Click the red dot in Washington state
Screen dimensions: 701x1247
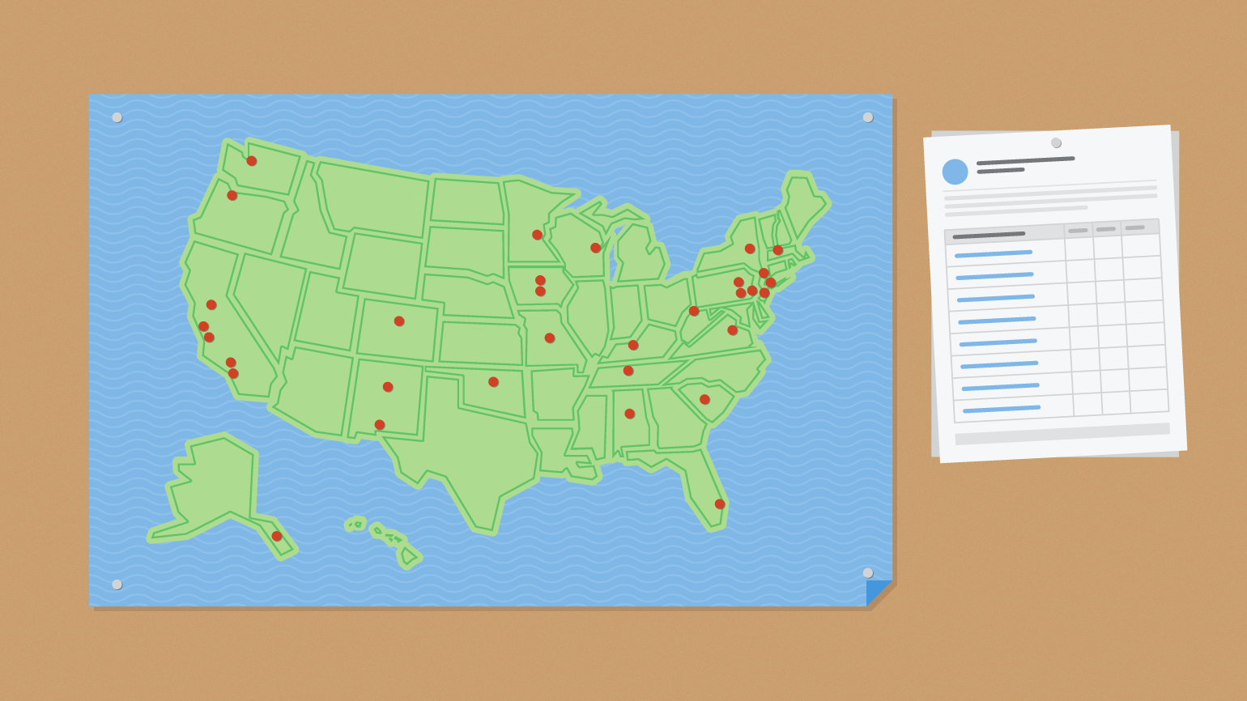pos(252,161)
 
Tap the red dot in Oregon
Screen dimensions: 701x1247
pos(232,195)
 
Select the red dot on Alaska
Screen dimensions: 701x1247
pos(277,536)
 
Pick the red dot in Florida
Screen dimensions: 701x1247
pos(720,504)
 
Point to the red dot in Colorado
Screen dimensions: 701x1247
pos(399,321)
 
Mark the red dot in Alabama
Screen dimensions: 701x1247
pos(630,414)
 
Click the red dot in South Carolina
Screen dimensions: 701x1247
pos(704,400)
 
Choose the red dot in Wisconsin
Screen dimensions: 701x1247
pos(596,248)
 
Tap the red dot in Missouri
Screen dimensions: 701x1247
pos(550,338)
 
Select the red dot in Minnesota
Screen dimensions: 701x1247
pos(538,235)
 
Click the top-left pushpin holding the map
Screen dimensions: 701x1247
pos(117,117)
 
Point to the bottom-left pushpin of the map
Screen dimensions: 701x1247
pos(117,584)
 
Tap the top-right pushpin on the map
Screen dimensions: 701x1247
pos(868,117)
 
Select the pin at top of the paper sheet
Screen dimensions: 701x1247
pos(1056,142)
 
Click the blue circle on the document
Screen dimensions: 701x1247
pos(955,172)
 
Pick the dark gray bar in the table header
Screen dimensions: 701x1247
pos(989,235)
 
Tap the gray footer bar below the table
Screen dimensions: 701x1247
pos(1062,434)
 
